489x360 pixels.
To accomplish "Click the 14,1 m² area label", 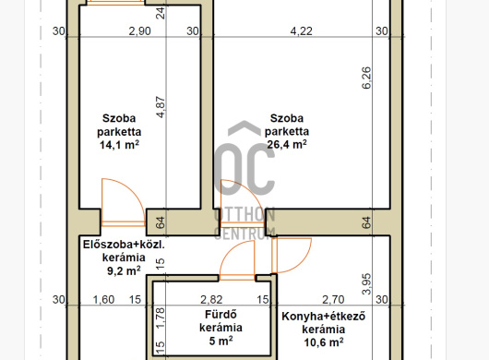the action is [119, 145].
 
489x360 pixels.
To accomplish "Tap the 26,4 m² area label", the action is [287, 144].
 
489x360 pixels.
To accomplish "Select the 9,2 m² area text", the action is [124, 270].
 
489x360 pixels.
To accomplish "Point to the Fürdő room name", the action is [221, 314].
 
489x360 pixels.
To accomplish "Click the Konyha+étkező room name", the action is [324, 317].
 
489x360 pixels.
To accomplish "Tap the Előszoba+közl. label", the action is [124, 245].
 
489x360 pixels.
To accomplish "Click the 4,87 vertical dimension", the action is [161, 107].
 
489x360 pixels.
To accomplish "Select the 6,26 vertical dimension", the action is [367, 78].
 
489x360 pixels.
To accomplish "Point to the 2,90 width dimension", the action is [139, 31].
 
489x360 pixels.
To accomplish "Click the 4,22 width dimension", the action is [302, 31].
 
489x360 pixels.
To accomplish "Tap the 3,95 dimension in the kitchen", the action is [367, 284].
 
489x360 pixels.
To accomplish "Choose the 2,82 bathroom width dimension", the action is [211, 299].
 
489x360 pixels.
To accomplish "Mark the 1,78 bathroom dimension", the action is [161, 318].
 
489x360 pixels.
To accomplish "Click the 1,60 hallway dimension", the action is [104, 299].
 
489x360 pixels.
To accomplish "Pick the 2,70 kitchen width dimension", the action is [333, 299].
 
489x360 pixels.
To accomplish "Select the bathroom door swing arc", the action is [227, 253].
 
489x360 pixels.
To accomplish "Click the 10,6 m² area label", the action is [324, 342].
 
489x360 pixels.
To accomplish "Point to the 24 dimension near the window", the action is [161, 13].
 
